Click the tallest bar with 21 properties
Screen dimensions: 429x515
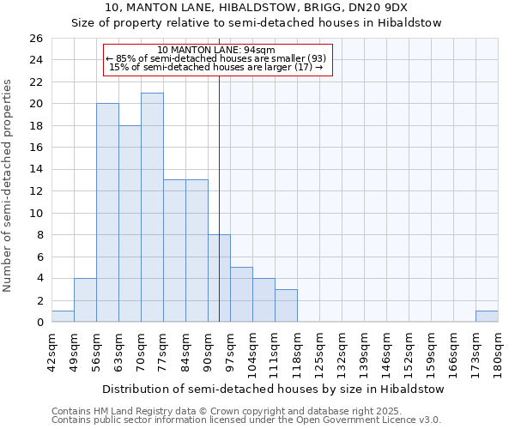coord(152,208)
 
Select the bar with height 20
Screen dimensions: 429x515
coord(107,213)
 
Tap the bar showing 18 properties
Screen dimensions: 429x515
coord(130,224)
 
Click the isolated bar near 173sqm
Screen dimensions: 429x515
coord(487,317)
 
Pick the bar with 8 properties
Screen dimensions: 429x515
coord(219,278)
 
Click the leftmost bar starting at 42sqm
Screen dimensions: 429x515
coord(63,317)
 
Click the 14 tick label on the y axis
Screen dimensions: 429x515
coord(36,170)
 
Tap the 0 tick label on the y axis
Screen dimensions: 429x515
coord(39,323)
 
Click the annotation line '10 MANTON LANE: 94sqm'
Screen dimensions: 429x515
coord(217,50)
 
